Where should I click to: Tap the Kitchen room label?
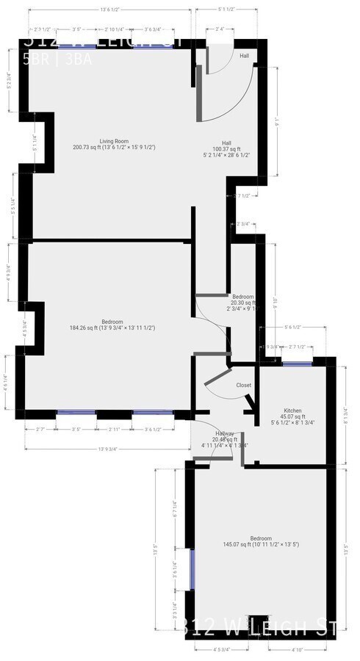(x=295, y=411)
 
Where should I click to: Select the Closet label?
(x=244, y=385)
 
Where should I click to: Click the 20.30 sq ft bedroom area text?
(x=242, y=303)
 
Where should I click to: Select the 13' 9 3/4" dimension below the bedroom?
(x=107, y=449)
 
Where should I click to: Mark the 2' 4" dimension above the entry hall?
(x=220, y=29)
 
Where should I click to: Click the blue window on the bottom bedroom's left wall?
(x=192, y=569)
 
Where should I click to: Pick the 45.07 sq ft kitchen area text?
(x=295, y=417)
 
